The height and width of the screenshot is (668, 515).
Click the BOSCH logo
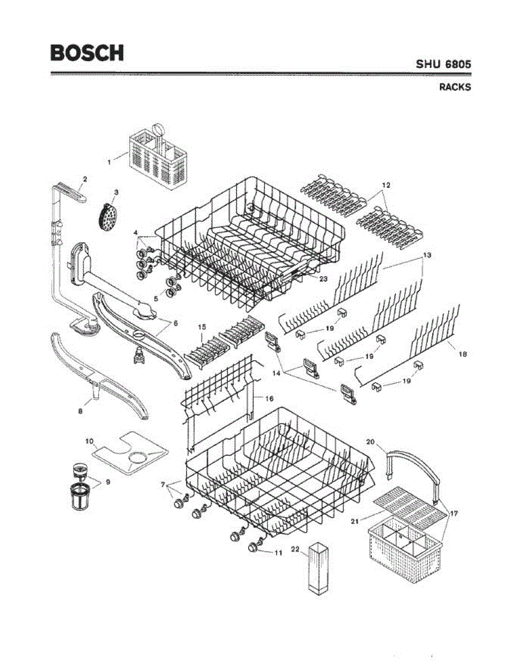point(87,53)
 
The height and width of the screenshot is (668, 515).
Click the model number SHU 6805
point(443,64)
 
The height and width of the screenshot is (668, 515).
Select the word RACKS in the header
point(455,87)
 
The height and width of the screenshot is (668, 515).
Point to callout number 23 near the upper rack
point(323,279)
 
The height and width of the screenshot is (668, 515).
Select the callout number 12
point(386,184)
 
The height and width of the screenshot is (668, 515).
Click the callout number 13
point(427,254)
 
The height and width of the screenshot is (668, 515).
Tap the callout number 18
point(462,354)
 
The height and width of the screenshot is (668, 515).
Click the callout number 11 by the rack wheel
point(278,553)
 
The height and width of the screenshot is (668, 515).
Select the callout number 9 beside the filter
point(107,482)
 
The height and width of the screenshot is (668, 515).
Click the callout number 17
point(454,513)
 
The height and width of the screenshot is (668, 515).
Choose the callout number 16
point(269,399)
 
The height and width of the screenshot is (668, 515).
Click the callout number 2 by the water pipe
point(85,179)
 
